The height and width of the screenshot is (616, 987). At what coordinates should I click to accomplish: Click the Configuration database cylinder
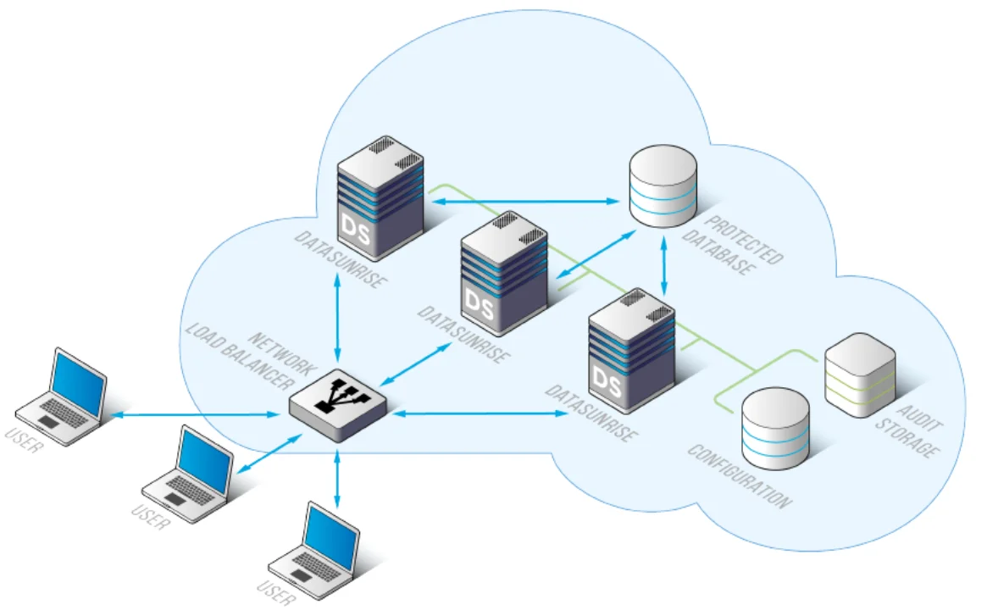click(x=775, y=428)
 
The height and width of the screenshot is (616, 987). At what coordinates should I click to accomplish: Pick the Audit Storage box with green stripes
click(x=860, y=373)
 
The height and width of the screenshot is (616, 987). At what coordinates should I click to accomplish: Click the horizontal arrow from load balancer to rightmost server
click(x=480, y=413)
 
